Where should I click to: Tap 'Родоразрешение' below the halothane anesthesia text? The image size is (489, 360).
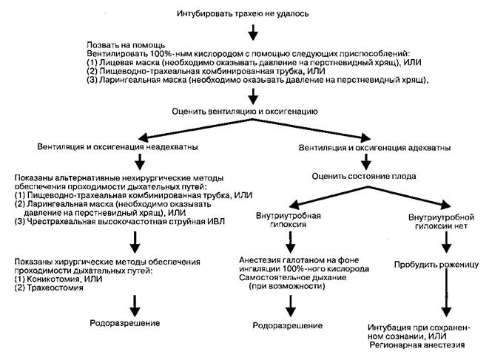pos(287,325)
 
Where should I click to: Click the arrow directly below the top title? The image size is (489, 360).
pos(253,32)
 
